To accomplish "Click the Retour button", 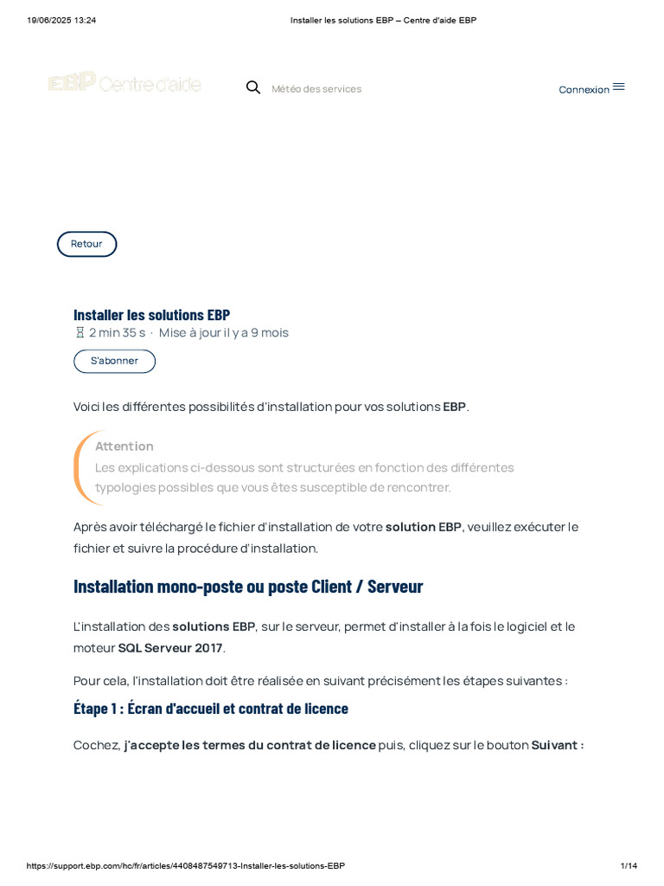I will click(86, 244).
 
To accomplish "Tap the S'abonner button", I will click(114, 361).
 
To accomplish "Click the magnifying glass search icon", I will click(253, 87).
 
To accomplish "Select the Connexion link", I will click(584, 89).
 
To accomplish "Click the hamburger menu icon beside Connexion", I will click(619, 87).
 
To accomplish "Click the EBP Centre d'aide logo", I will click(124, 84).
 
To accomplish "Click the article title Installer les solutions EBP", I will click(151, 315).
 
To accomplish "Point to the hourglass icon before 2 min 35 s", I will click(80, 333).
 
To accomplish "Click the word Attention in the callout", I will click(124, 446).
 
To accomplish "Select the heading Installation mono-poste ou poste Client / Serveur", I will click(248, 587).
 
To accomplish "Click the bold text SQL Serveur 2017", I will click(170, 648).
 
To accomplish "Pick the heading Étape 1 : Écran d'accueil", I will click(210, 709).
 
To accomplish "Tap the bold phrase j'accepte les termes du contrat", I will click(250, 745).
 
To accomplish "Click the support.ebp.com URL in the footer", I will click(186, 866).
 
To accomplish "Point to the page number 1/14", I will click(629, 866).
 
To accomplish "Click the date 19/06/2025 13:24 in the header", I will click(61, 20).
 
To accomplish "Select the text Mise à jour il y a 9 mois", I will click(224, 333).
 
